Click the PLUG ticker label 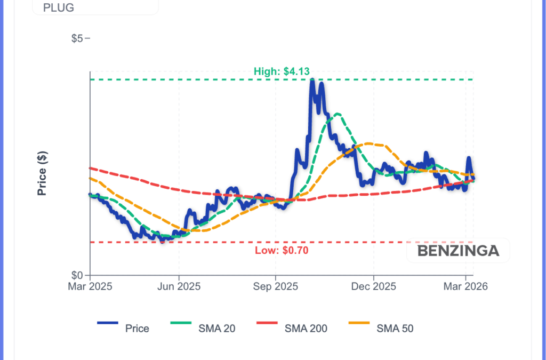coord(59,8)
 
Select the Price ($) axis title coord(43,173)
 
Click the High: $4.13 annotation coord(283,71)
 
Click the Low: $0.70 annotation coord(282,250)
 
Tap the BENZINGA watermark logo coord(458,251)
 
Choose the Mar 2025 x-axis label coord(90,286)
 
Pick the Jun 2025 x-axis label coord(179,286)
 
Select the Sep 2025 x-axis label coord(275,286)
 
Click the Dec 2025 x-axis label coord(374,286)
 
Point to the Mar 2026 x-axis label coord(465,286)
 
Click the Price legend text coord(137,329)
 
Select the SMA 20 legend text coord(216,329)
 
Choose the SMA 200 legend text coord(306,329)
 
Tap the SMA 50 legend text coord(395,329)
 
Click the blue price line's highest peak coord(312,80)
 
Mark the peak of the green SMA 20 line coord(336,114)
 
